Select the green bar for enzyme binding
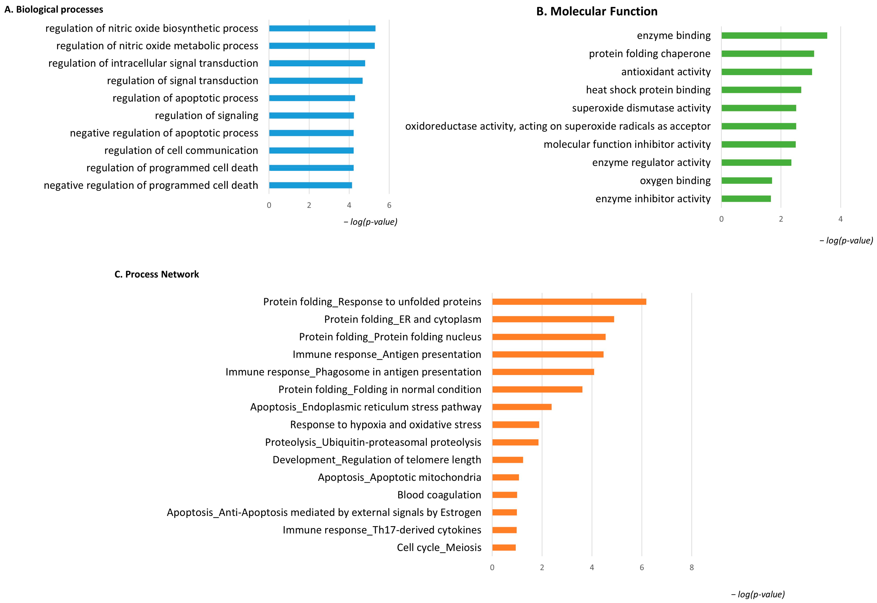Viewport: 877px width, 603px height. pos(774,35)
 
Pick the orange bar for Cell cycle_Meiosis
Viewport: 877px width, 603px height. pos(504,547)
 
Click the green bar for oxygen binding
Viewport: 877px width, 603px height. pos(746,181)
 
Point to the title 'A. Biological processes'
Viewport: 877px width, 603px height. pos(54,10)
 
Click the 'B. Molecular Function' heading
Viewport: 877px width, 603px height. pos(597,11)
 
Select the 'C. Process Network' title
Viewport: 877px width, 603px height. pos(157,274)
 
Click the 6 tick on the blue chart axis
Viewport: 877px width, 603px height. pos(389,205)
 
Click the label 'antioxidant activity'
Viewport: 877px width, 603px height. pos(666,72)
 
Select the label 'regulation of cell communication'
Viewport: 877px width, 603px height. pos(181,150)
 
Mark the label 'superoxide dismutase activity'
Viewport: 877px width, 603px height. pos(641,108)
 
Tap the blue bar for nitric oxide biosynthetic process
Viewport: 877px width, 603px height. pos(322,28)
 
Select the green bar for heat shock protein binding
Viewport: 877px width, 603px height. pos(761,90)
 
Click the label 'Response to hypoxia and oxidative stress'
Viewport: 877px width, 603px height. pos(385,425)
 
